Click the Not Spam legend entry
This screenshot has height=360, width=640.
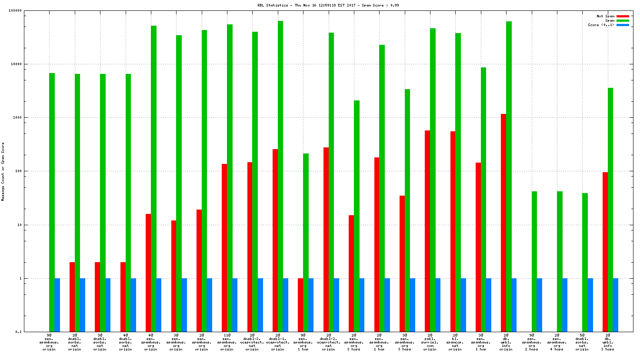point(605,16)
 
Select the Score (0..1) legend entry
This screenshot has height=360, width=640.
point(601,25)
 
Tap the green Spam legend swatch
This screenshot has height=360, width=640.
point(623,20)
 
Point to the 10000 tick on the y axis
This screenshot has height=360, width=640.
point(16,64)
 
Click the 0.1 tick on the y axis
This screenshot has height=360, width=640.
point(18,332)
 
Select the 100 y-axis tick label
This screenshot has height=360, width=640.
point(18,171)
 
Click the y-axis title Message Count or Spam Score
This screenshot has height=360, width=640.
point(3,172)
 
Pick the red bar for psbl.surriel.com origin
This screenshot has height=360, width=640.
point(427,231)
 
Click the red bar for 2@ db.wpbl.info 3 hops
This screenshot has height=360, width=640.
point(605,252)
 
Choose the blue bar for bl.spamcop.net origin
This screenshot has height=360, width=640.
point(463,305)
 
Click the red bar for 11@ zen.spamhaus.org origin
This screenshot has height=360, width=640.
point(224,248)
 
